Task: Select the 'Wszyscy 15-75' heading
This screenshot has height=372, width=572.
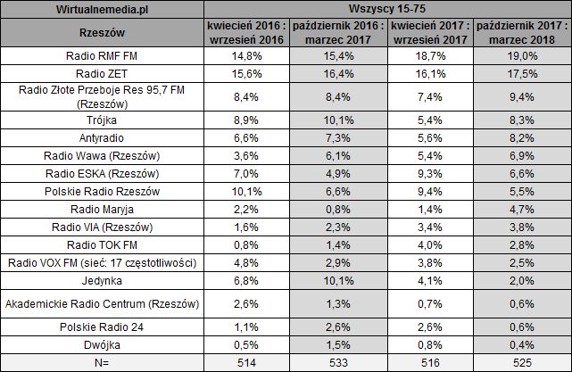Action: point(385,9)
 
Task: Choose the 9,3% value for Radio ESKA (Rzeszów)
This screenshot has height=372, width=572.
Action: point(430,172)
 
